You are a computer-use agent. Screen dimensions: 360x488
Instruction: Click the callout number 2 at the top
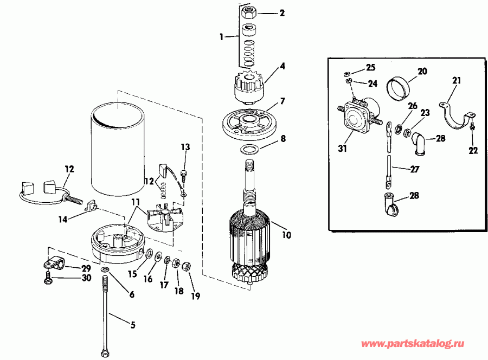click(x=281, y=12)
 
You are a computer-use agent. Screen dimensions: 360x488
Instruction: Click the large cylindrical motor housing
click(x=117, y=152)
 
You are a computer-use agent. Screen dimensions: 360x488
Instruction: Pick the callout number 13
click(x=185, y=147)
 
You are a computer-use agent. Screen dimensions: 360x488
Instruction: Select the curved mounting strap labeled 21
click(x=456, y=114)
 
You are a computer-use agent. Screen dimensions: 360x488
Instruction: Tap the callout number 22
click(x=473, y=150)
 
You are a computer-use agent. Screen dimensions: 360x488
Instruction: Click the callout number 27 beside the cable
click(x=415, y=169)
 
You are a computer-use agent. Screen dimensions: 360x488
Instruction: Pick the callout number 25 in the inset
click(x=370, y=68)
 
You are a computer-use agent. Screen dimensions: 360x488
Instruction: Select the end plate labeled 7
click(x=248, y=121)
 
